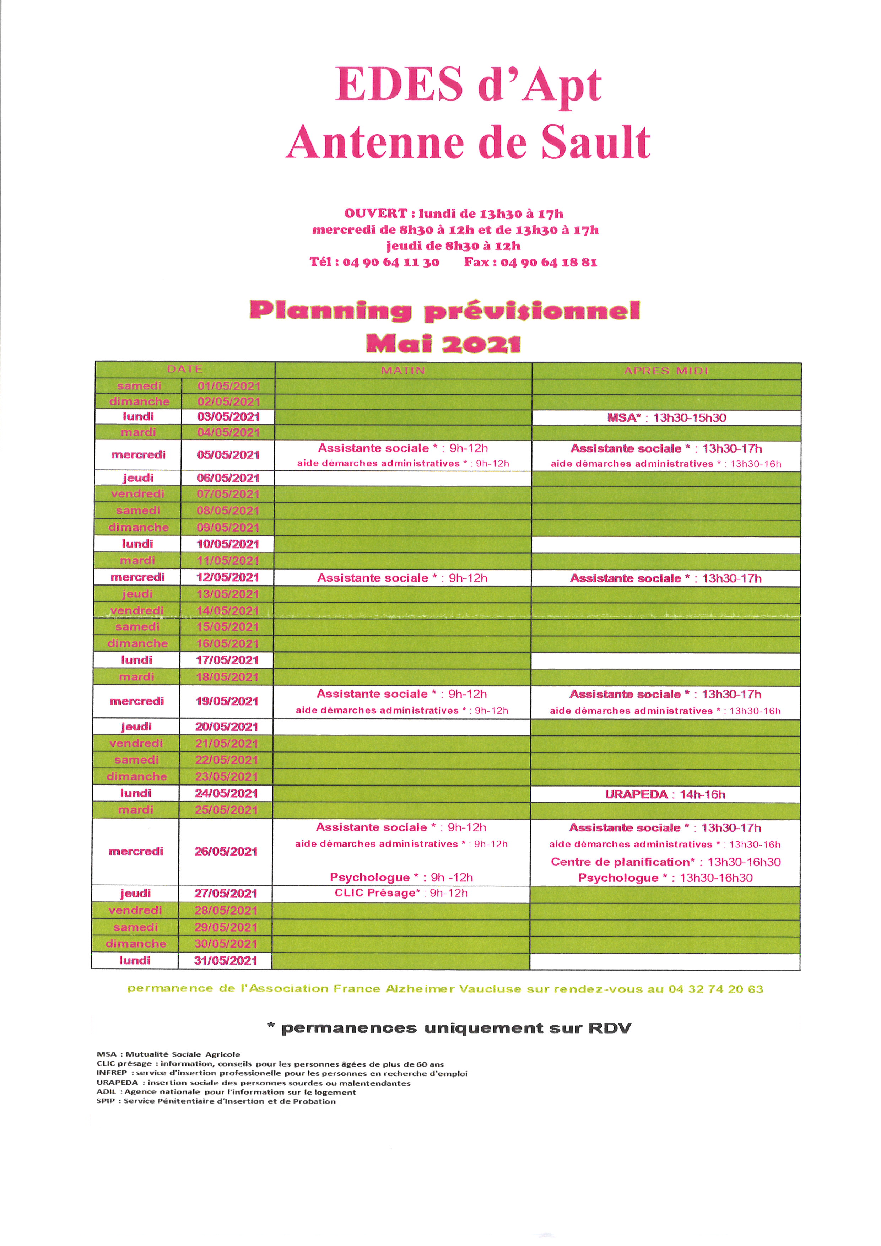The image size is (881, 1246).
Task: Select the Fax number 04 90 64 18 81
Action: (548, 263)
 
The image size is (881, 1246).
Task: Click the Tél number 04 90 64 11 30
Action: (391, 263)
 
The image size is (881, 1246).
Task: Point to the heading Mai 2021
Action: (443, 344)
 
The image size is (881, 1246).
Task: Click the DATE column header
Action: (185, 369)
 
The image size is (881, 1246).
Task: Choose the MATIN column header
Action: (403, 370)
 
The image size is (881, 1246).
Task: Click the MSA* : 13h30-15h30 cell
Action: (666, 417)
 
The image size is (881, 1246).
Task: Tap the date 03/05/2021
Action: (228, 417)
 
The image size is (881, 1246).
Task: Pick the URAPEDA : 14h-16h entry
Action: (665, 794)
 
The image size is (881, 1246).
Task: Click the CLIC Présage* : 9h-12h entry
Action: (401, 893)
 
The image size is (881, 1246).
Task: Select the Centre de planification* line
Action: (666, 862)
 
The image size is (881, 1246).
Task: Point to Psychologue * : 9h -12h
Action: (401, 878)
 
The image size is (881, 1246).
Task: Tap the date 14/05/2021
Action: (228, 610)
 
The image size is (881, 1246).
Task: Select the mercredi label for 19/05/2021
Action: (137, 701)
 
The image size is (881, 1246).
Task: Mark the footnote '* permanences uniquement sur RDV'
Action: (449, 1028)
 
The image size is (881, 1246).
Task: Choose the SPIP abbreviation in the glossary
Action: (105, 1101)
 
